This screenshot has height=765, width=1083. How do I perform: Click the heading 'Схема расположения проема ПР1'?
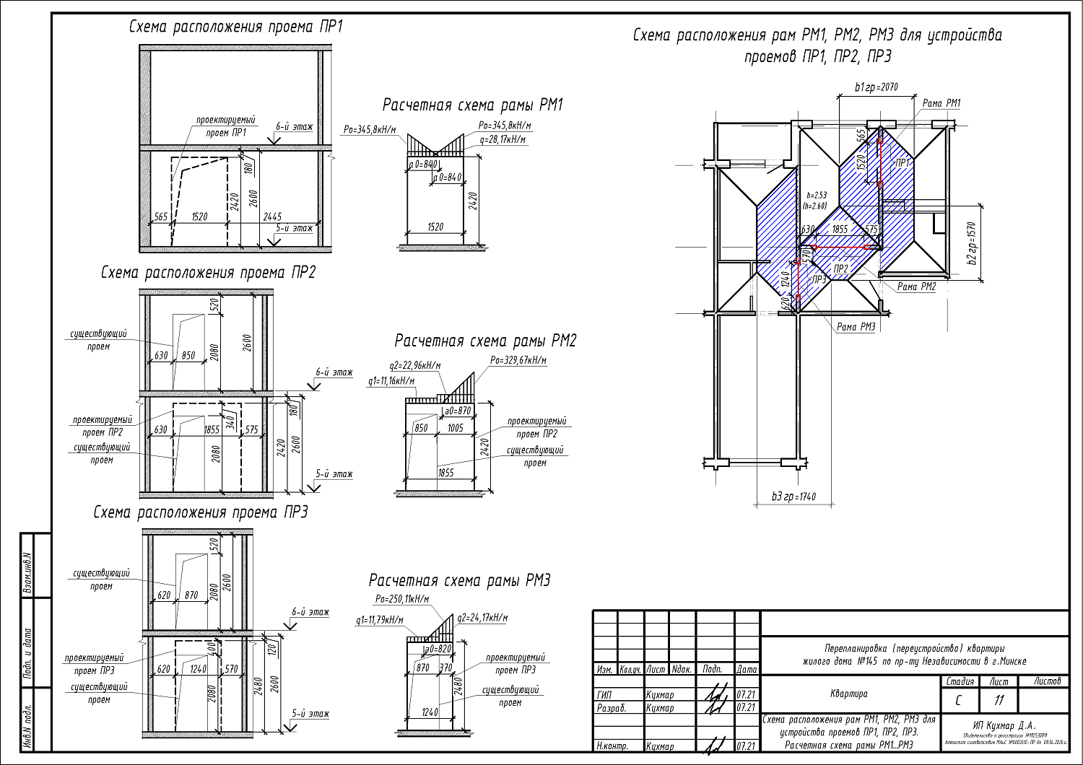pos(235,27)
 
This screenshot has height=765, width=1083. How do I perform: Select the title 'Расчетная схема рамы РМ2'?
pos(485,341)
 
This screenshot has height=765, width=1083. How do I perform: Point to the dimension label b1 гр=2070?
pos(877,87)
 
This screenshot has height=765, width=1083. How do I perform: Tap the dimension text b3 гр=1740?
pos(793,497)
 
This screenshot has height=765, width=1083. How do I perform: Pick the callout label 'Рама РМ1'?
pos(941,103)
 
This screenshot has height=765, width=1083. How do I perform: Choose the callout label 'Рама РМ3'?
pos(856,327)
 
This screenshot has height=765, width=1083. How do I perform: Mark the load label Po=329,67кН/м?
pos(518,360)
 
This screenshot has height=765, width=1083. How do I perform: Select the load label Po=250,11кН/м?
pos(402,599)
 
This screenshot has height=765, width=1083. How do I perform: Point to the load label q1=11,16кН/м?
pos(391,380)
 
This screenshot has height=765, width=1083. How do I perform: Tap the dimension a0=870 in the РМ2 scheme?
pos(457,411)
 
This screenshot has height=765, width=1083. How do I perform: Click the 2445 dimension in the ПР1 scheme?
pos(272,217)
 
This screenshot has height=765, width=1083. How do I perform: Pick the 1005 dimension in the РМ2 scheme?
pos(455,428)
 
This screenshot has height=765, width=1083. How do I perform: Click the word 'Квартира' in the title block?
pos(849,694)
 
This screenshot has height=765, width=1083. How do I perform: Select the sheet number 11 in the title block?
pos(999,700)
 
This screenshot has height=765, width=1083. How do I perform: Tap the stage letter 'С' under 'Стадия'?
pos(958,700)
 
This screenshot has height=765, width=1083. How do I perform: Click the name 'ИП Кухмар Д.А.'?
pos(1004,725)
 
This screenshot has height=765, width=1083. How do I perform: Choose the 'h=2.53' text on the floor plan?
pos(816,195)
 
